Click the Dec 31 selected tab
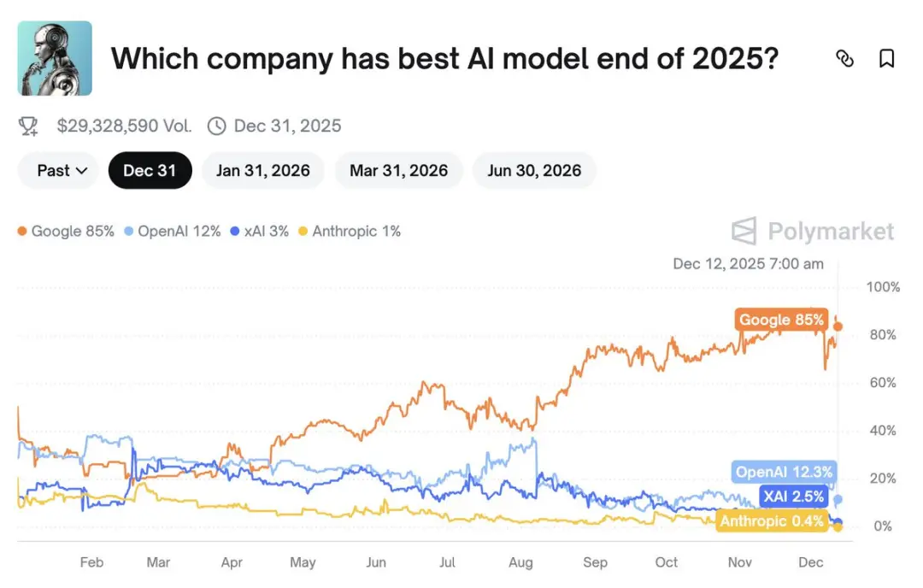150,170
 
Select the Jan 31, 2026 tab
262,170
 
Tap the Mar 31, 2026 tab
398,170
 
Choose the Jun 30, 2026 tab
534,170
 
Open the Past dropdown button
62,170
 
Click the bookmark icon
886,58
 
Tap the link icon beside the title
844,58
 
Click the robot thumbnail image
55,58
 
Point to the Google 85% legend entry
66,231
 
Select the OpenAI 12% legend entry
173,231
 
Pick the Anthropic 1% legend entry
350,231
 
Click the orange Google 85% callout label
782,320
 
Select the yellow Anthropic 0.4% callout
772,520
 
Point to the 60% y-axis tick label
882,383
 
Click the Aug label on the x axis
520,562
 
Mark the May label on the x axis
303,562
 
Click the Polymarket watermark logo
813,232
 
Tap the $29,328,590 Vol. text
124,126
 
